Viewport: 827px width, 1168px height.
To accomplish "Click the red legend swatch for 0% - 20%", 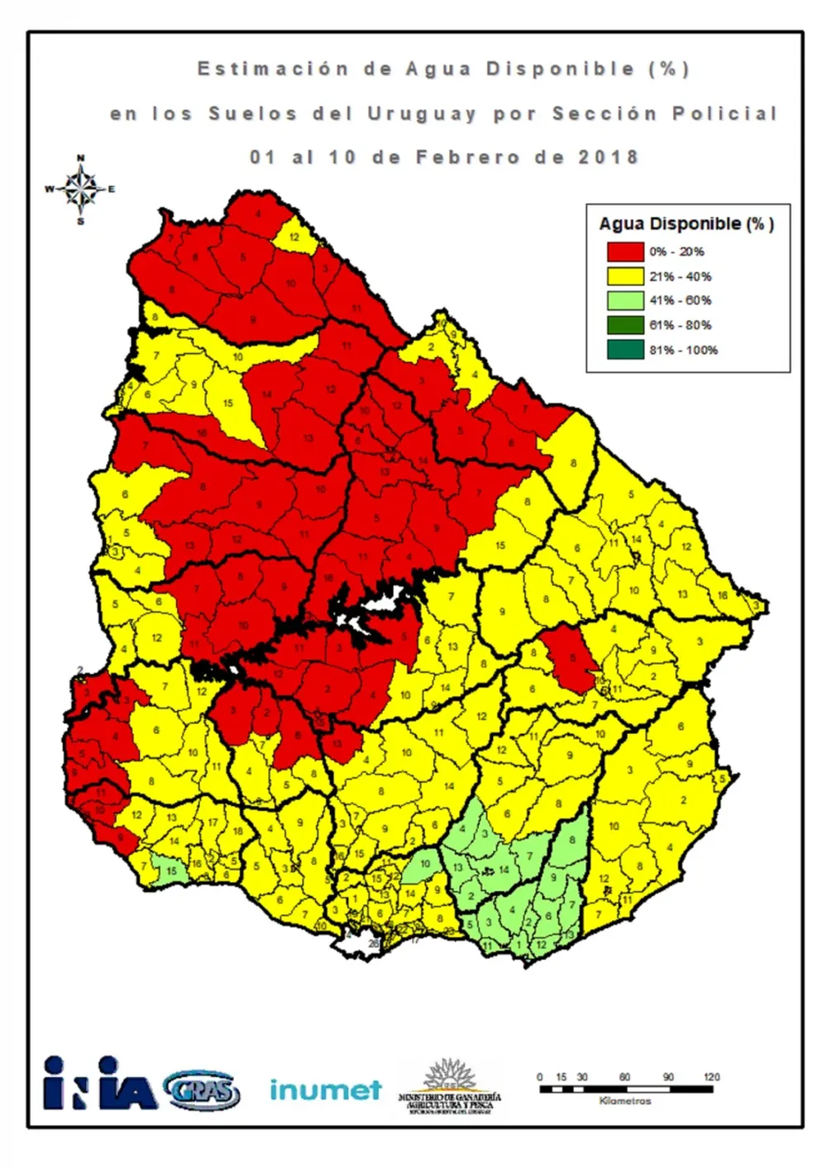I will [625, 251].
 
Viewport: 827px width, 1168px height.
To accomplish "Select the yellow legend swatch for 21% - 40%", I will [625, 276].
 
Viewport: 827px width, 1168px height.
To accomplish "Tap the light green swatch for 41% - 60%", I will [625, 300].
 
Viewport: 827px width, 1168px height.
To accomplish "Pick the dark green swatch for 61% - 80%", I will [625, 325].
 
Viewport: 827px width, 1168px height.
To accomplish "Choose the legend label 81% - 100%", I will [683, 350].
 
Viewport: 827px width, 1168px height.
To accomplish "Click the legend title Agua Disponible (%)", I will [686, 223].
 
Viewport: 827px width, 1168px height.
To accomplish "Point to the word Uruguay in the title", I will [422, 114].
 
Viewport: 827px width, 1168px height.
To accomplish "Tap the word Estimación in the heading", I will [273, 69].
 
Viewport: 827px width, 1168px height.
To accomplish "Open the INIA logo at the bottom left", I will [99, 1084].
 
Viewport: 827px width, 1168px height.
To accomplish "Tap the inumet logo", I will [325, 1089].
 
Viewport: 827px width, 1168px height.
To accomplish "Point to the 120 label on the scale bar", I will [711, 1077].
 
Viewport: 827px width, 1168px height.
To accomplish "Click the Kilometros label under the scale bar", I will [624, 1101].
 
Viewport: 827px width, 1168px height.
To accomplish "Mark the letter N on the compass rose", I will [80, 158].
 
